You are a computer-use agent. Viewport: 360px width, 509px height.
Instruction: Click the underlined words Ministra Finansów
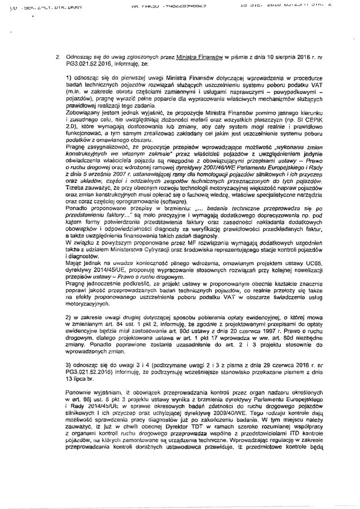point(198,57)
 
